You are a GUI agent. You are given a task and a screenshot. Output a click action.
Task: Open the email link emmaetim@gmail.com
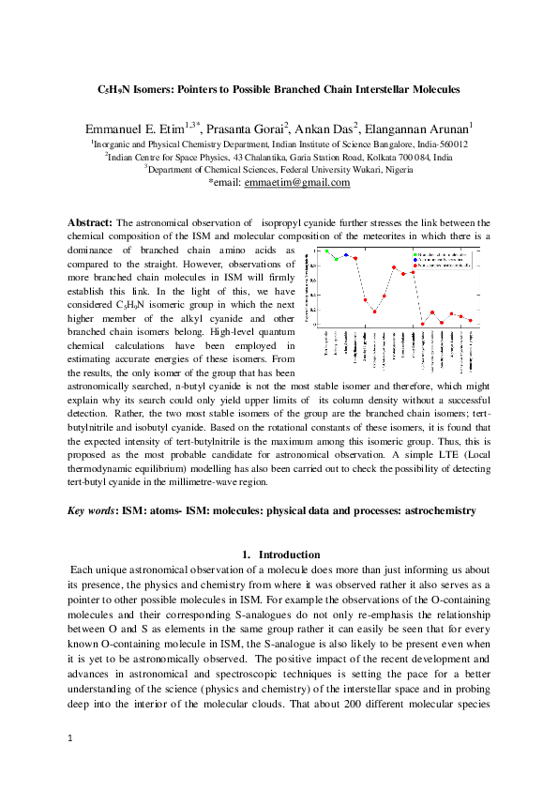tap(296, 183)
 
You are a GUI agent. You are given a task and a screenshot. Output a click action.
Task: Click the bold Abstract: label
tap(90, 222)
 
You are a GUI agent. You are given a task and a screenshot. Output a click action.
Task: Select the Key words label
tap(92, 510)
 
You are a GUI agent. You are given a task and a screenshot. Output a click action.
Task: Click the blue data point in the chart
tap(346, 254)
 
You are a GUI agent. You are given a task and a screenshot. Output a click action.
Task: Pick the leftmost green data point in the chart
tap(326, 251)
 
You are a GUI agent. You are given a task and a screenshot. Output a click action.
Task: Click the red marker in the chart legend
tap(415, 266)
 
